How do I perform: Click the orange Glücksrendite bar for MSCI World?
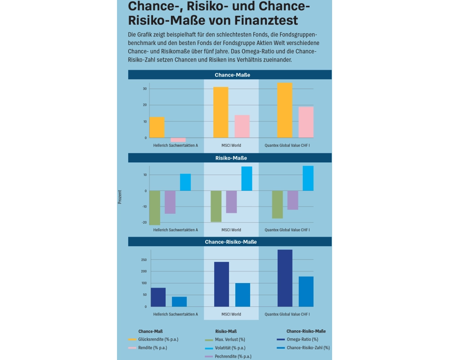(x=220, y=112)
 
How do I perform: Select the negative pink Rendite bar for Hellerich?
(x=178, y=140)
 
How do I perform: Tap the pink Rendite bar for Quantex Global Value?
(x=306, y=122)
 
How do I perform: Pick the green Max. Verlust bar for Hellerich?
(x=155, y=207)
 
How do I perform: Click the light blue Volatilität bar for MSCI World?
(x=247, y=179)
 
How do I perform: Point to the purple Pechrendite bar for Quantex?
(x=293, y=200)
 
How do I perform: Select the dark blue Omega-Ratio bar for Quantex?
(x=285, y=278)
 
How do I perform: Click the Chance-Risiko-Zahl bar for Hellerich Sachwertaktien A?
(x=179, y=301)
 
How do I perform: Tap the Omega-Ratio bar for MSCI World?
(x=221, y=284)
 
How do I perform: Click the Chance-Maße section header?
(x=230, y=75)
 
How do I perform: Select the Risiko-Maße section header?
(x=230, y=158)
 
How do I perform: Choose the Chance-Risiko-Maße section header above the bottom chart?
(x=230, y=242)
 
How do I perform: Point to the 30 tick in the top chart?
(x=144, y=89)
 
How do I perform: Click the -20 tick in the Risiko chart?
(x=144, y=223)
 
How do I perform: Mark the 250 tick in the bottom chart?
(x=144, y=260)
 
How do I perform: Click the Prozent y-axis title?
(x=120, y=197)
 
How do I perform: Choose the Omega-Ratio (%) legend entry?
(x=302, y=339)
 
